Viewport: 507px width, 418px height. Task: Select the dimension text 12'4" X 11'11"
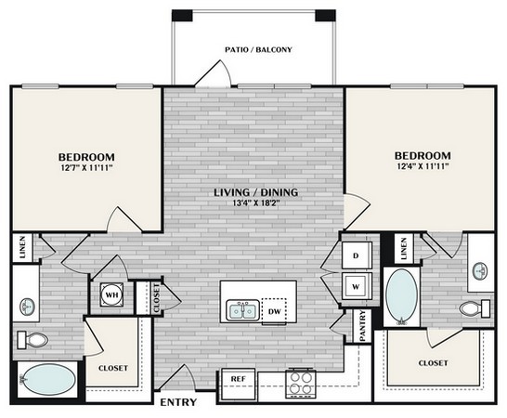click(422, 167)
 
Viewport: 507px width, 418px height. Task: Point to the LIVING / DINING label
click(253, 191)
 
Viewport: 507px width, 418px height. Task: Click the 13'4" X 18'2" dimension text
click(253, 204)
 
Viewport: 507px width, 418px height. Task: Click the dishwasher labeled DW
click(274, 310)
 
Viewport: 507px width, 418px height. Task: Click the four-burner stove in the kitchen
click(301, 381)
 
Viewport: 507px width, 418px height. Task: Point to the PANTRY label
click(363, 327)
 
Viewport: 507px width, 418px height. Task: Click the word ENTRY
click(180, 403)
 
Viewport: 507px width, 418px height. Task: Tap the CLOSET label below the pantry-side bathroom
click(433, 362)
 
